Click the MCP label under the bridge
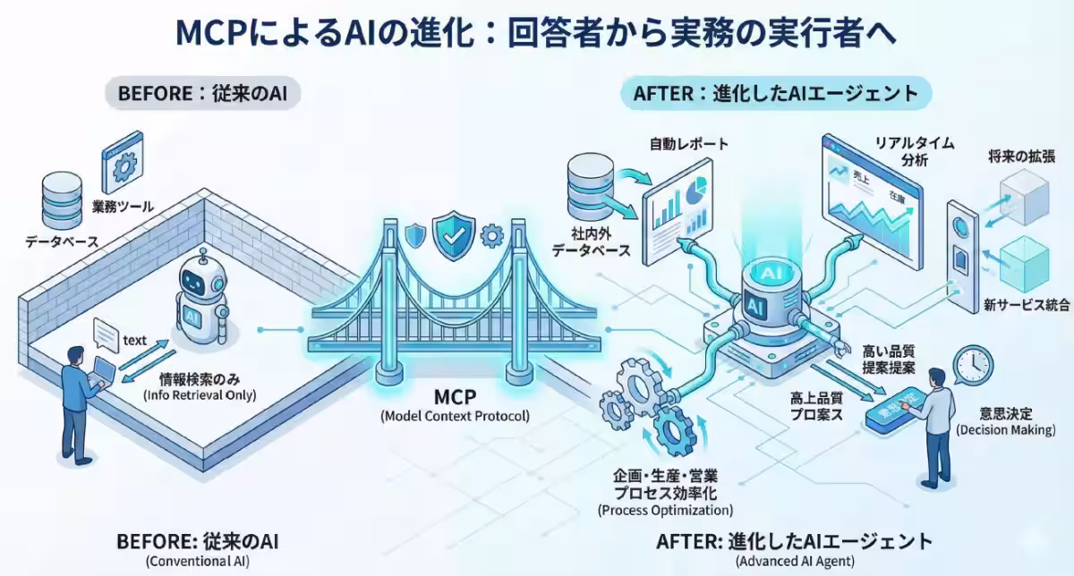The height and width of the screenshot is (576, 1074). (x=454, y=395)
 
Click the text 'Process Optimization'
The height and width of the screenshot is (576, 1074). (x=665, y=510)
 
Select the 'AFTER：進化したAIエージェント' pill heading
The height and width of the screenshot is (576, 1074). (x=775, y=93)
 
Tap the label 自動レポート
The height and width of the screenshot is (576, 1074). (x=690, y=143)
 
